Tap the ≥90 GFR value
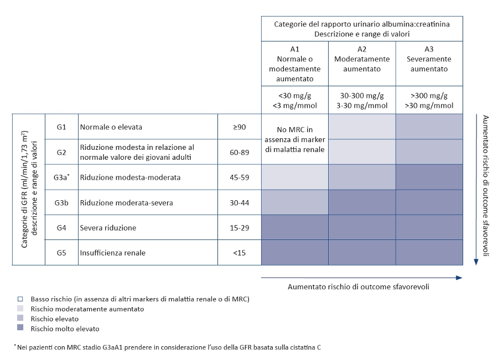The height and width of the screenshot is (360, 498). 239,127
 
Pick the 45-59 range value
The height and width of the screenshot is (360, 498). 239,178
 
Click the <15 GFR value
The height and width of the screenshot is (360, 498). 239,253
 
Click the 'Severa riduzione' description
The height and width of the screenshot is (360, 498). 108,228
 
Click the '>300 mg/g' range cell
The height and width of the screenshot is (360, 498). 429,100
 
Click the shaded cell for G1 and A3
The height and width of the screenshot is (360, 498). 429,127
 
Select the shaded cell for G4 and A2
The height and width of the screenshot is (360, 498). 362,227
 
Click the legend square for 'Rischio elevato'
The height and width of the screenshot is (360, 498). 20,319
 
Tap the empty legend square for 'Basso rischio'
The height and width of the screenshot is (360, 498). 20,299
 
